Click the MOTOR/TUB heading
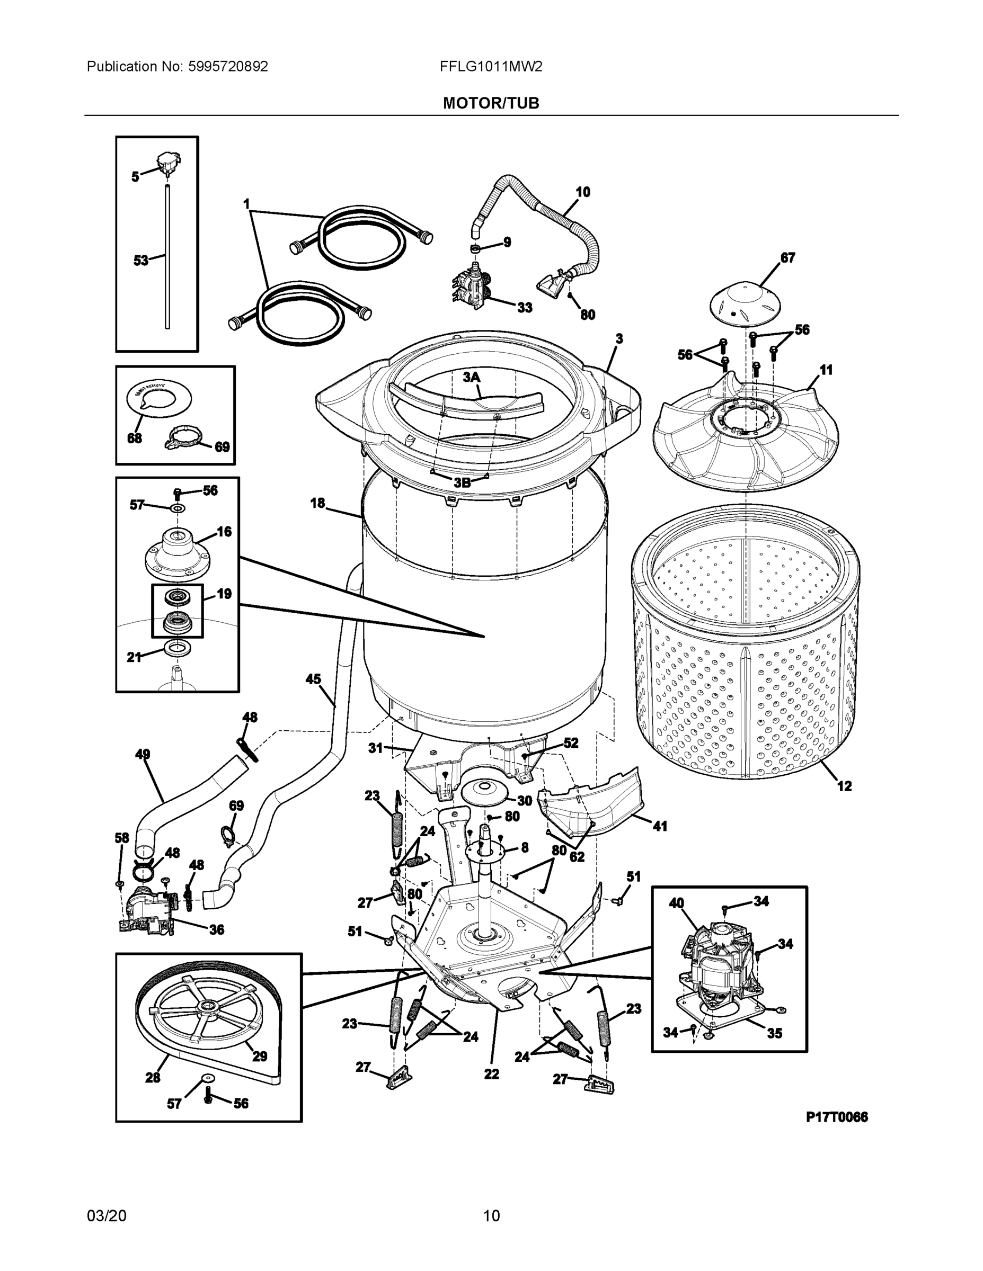(x=491, y=104)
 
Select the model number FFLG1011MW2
(x=491, y=67)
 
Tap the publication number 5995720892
(x=228, y=67)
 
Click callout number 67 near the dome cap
(x=787, y=258)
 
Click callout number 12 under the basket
(x=844, y=786)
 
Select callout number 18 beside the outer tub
(x=317, y=504)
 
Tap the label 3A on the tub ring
(x=472, y=377)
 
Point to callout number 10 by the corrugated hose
(x=583, y=192)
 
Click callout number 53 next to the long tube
(x=141, y=260)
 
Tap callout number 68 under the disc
(x=135, y=438)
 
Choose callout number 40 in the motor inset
(x=676, y=903)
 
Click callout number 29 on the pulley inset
(x=259, y=1057)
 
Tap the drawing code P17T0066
(x=836, y=1117)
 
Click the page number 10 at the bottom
(x=492, y=1215)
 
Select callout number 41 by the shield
(x=660, y=826)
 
